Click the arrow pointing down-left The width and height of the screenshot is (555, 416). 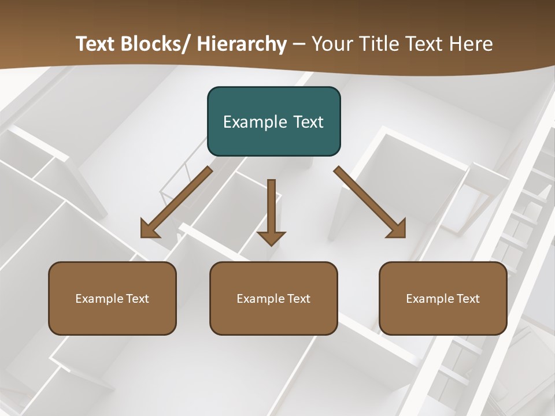click(x=176, y=202)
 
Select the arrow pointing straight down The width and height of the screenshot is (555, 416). click(x=271, y=211)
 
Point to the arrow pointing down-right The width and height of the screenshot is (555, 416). click(x=370, y=202)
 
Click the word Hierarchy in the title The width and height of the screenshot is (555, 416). click(x=242, y=44)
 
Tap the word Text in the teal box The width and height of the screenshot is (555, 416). click(x=308, y=122)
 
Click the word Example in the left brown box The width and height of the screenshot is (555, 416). click(x=99, y=299)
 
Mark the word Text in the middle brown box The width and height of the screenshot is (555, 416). click(x=298, y=299)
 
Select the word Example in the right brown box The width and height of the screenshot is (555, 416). click(x=430, y=299)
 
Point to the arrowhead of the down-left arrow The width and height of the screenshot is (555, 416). click(x=149, y=230)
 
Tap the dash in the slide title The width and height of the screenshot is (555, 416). click(x=299, y=44)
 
